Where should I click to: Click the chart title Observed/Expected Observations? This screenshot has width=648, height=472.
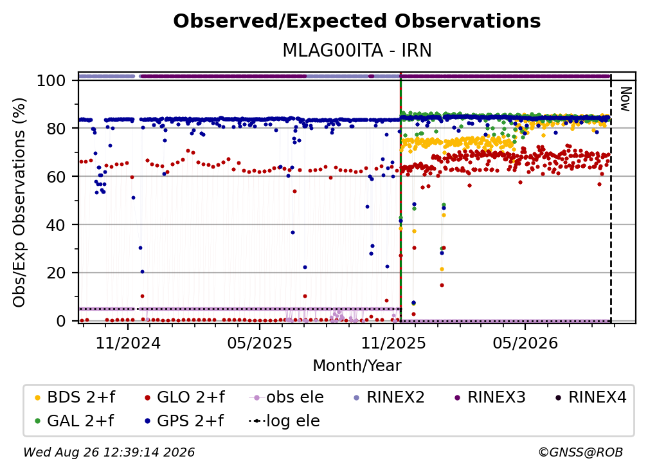pos(357,21)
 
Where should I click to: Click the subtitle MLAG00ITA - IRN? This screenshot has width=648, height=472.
pos(357,50)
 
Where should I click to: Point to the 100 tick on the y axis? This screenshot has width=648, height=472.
pos(51,80)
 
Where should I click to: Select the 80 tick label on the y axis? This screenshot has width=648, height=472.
pos(56,129)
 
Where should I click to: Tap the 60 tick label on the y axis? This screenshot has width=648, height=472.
pos(56,177)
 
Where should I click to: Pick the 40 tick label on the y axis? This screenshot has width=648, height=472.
pos(56,225)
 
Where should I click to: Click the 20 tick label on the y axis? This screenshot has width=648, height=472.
pos(56,273)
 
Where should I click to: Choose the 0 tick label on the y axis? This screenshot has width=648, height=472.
pos(61,321)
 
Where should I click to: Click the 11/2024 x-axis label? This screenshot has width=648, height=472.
pos(128,343)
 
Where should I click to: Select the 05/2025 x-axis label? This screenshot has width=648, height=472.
pos(260,343)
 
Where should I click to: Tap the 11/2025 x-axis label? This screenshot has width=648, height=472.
pos(393,343)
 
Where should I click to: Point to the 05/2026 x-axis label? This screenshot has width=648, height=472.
pos(525,343)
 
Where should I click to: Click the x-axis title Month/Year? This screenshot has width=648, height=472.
pos(357,365)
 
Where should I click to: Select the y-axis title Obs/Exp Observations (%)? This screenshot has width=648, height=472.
pos(19,202)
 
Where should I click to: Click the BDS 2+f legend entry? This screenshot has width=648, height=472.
pos(75,397)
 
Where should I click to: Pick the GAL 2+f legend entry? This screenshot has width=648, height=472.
pos(74,421)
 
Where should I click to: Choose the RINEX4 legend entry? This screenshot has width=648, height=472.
pos(591,397)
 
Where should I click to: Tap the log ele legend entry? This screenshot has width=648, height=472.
pos(284,421)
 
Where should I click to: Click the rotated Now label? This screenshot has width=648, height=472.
pos(625,99)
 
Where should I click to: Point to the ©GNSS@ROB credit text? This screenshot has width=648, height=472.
pos(580,452)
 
